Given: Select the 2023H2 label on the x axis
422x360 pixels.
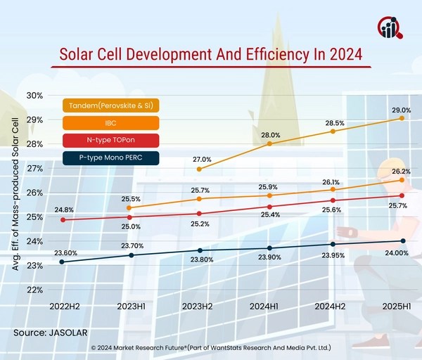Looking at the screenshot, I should tap(199, 307).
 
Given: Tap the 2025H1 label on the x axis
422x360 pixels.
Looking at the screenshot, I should tap(402, 307).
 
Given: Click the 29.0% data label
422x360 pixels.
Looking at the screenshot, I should tap(401, 111).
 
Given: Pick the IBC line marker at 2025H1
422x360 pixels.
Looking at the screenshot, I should tap(402, 180).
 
